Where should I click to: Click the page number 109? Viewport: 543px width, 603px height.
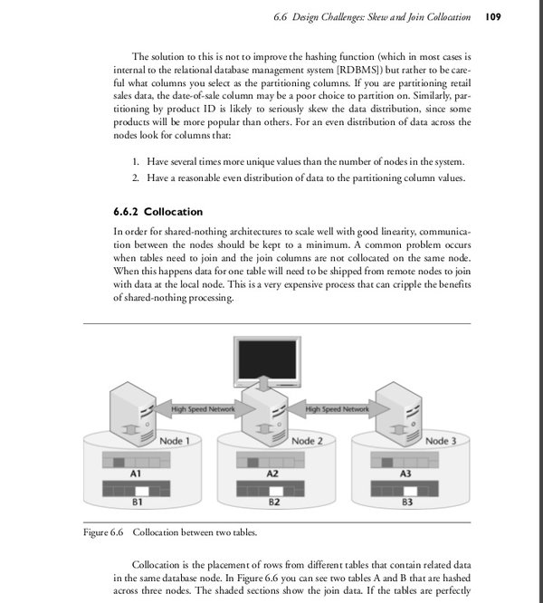(494, 17)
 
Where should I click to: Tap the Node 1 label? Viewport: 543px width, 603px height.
(174, 441)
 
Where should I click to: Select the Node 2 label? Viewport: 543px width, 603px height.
(308, 441)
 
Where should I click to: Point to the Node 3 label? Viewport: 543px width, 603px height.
(442, 441)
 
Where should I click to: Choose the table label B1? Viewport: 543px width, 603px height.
(137, 502)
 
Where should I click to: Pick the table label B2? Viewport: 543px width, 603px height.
(271, 502)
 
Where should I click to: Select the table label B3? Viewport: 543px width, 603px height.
(406, 502)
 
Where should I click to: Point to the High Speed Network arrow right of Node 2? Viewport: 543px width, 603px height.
(337, 409)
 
